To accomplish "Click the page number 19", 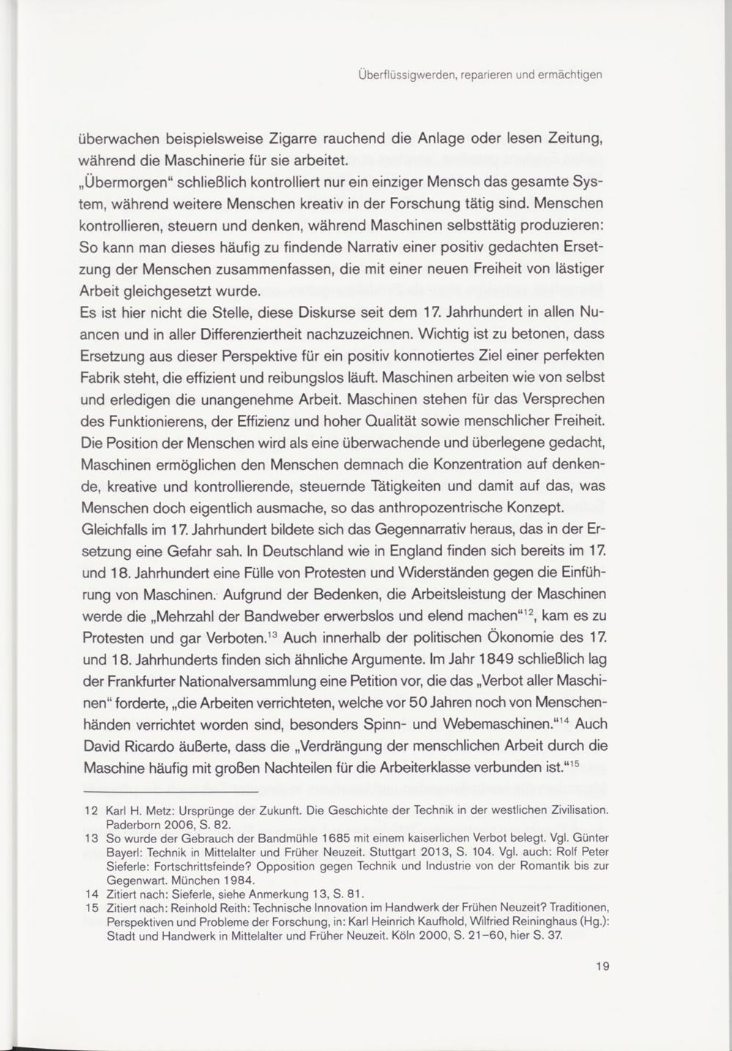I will tap(602, 966).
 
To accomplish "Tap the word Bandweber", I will tap(265, 615).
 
